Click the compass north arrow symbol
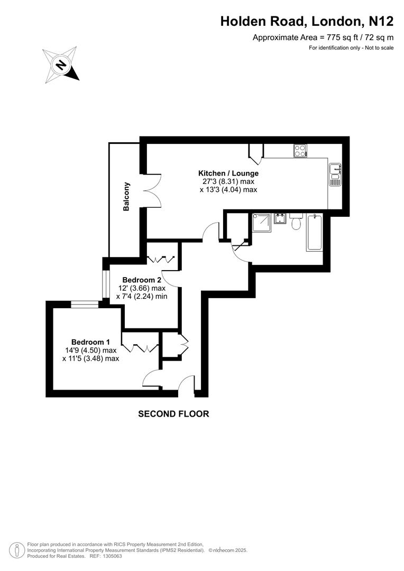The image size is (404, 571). pos(61,66)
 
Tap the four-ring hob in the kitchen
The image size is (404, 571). pos(300,151)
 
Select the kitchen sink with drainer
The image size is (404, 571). pos(335,174)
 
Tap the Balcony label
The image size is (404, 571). pos(126,197)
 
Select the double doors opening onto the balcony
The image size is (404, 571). pos(150,191)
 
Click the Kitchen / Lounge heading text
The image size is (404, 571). pos(228,173)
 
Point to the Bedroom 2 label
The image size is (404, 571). pos(141,280)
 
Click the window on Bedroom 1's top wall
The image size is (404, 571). pos(85,304)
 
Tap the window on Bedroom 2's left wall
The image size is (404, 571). pos(106,285)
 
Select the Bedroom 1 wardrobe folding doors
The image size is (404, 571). pos(140,347)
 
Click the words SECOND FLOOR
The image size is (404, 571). pos(173,414)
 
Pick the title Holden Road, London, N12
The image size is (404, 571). pos(307,21)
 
